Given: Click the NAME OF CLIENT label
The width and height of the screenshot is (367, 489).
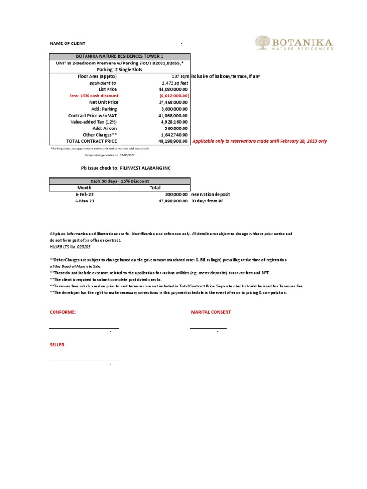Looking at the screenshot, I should [x=67, y=43].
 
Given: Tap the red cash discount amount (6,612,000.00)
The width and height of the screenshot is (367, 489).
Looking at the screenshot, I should [x=171, y=96].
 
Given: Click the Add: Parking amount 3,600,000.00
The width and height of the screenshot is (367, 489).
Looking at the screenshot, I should [x=173, y=109].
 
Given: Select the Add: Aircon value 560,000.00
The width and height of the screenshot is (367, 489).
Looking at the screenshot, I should [x=175, y=128].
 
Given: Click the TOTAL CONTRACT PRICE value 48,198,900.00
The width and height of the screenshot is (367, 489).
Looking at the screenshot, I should [x=172, y=141].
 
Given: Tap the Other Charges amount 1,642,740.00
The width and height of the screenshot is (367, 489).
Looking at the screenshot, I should [x=173, y=135].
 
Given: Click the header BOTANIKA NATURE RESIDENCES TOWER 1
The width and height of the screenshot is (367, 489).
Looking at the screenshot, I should [x=119, y=56].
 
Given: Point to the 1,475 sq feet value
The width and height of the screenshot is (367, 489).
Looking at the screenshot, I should [x=175, y=83].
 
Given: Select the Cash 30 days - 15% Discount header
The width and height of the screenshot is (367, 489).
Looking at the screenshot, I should [x=119, y=181].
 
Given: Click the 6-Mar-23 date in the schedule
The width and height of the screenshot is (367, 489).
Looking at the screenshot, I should [x=85, y=201].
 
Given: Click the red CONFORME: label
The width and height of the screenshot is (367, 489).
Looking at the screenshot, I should [x=63, y=312].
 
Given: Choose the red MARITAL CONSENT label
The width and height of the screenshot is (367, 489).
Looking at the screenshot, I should [x=211, y=312].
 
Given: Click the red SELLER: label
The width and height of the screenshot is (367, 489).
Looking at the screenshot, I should [x=58, y=344].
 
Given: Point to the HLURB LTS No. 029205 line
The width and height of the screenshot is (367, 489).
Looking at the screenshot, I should [x=70, y=247].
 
